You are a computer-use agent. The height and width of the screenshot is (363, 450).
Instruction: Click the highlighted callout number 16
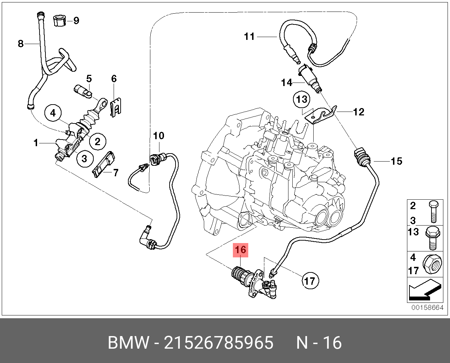241,250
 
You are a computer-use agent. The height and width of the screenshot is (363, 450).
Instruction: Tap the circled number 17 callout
310,281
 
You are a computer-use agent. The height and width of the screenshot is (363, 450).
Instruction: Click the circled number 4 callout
53,113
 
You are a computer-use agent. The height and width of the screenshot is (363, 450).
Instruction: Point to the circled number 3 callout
85,159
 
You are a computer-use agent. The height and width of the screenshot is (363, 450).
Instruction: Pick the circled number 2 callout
98,142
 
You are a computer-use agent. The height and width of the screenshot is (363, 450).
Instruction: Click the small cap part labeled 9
59,21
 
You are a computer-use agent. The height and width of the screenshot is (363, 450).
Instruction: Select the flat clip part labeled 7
104,164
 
